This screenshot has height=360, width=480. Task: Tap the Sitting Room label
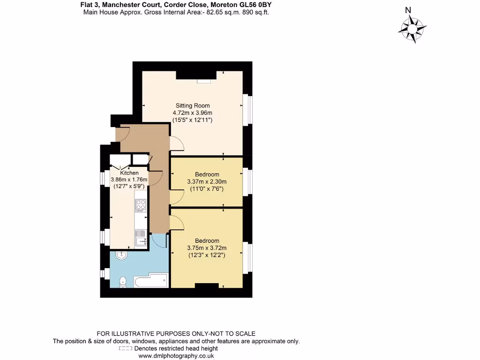pos(193,105)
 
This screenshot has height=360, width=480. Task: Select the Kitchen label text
pos(129,173)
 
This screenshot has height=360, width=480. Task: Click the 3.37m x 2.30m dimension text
pos(207,182)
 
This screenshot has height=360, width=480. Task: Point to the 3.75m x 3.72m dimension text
pos(207,248)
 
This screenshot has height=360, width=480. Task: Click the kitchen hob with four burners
pos(141,205)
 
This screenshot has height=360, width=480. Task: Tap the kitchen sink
pos(140,237)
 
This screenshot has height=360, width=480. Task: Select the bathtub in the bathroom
pos(150,281)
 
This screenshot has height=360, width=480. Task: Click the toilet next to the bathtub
pos(123,281)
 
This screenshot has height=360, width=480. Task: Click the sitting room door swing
pos(176,143)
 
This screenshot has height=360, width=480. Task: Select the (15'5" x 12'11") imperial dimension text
pos(193,120)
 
